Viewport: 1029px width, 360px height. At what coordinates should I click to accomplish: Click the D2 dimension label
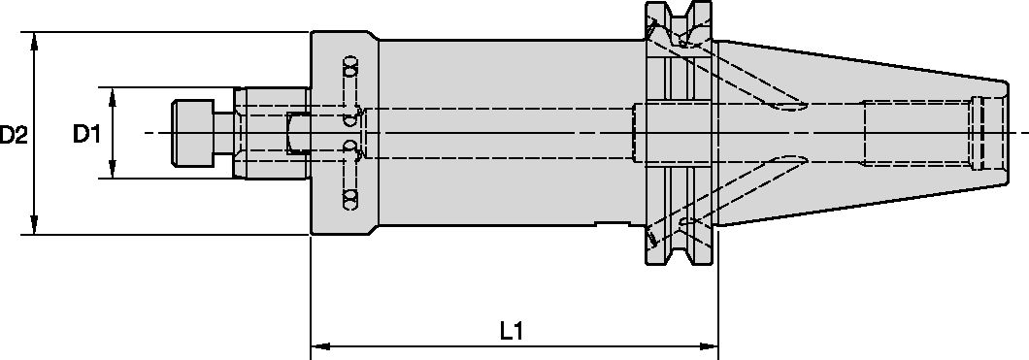[x=14, y=134]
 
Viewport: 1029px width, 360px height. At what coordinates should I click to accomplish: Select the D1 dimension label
[x=87, y=134]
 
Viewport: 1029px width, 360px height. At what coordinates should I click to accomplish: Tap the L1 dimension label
[x=513, y=331]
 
